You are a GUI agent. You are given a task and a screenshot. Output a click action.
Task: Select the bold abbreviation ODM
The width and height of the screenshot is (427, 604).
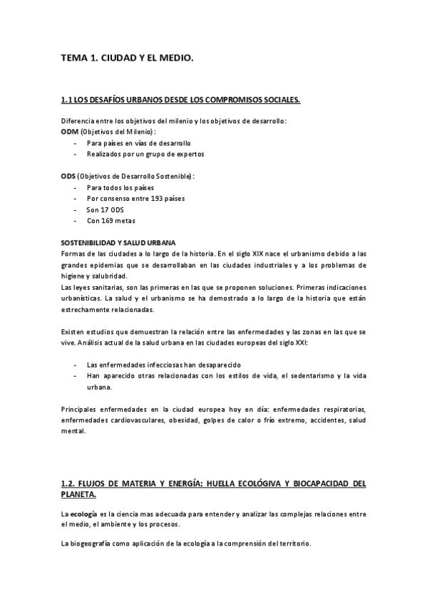(x=70, y=132)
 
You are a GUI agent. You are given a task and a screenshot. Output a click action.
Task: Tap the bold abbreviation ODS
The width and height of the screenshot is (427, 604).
(x=69, y=176)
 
